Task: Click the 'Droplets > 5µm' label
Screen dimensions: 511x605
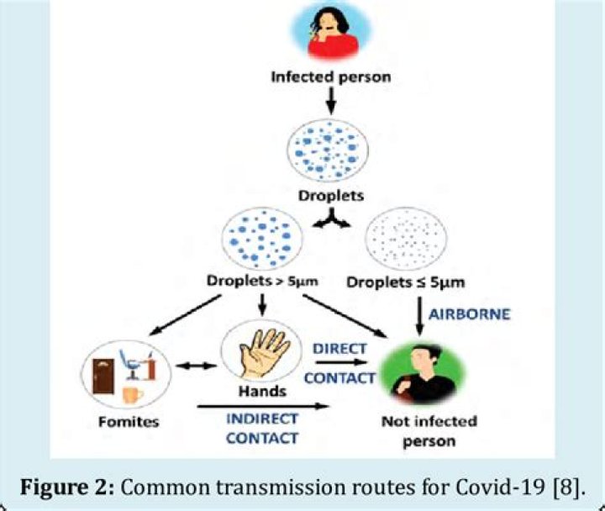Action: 258,282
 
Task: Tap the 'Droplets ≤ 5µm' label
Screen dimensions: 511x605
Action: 412,282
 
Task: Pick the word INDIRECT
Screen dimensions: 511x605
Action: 262,418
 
